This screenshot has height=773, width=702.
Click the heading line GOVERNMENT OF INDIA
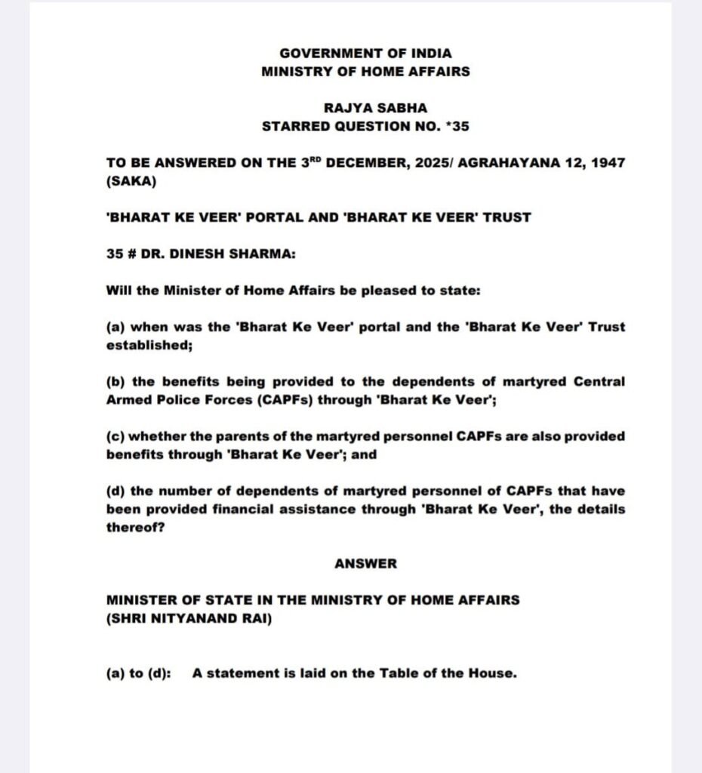coord(365,54)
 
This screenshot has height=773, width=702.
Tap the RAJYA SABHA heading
coord(365,108)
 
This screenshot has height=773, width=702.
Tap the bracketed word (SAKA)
coord(131,181)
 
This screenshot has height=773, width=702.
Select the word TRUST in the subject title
coord(506,217)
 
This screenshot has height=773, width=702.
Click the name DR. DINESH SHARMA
coord(219,254)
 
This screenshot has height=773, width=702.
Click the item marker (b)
coord(116,382)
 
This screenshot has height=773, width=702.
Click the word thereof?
coord(135,528)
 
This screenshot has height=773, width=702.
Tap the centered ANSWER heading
coord(365,564)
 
